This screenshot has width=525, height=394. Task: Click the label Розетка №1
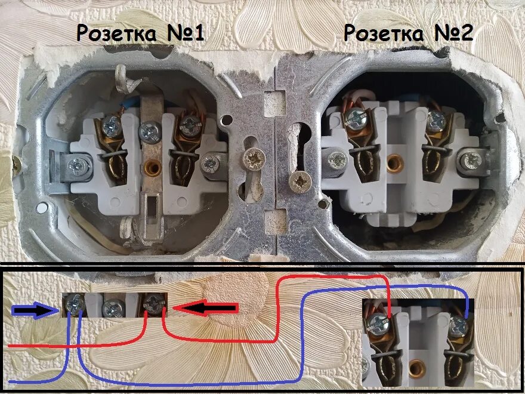pyautogui.click(x=141, y=33)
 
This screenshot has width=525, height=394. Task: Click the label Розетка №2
pyautogui.click(x=409, y=33)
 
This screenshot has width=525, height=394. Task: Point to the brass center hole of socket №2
pyautogui.click(x=393, y=162)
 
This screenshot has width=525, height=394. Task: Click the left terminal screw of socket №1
pyautogui.click(x=111, y=125)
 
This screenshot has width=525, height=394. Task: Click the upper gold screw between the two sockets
pyautogui.click(x=254, y=159)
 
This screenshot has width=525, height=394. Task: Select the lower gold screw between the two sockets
pyautogui.click(x=300, y=179)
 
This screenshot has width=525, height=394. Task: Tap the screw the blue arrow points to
pyautogui.click(x=75, y=306)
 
